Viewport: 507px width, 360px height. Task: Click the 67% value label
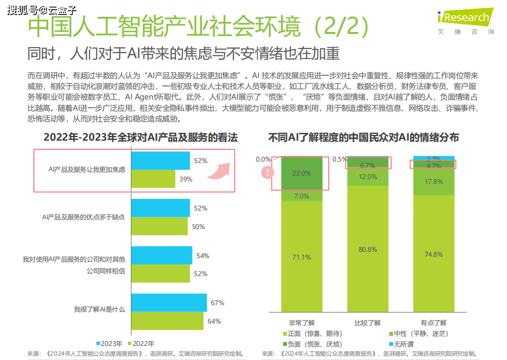coord(217,303)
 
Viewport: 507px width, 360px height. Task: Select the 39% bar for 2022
coord(153,179)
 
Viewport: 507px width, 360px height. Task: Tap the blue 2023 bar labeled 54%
coord(162,255)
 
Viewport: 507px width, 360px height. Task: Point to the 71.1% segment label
coord(301,257)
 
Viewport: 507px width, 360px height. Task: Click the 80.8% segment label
coord(368,249)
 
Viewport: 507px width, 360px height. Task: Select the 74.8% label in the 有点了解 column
coord(433,254)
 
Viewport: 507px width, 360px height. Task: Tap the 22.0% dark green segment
coord(301,173)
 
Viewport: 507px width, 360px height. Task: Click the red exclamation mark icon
coord(267,172)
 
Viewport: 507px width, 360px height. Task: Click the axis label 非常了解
coord(301,322)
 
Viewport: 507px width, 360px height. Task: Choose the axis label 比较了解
coord(367,322)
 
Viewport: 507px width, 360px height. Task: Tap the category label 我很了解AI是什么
coord(99,309)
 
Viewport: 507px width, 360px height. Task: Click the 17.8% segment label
coord(433,181)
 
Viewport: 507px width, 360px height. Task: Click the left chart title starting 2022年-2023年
coord(141,137)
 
